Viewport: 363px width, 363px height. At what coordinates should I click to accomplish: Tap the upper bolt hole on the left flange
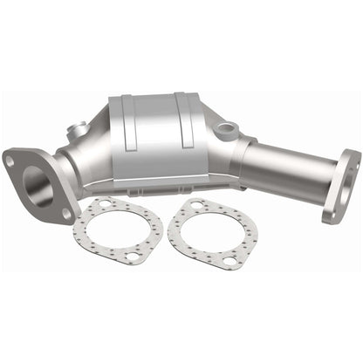pyautogui.click(x=10, y=161)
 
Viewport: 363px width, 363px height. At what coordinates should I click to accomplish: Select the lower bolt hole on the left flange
pyautogui.click(x=66, y=212)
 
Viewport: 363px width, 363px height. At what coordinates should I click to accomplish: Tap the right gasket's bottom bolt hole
pyautogui.click(x=229, y=260)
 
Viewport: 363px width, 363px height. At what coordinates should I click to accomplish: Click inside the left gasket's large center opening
pyautogui.click(x=118, y=230)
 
